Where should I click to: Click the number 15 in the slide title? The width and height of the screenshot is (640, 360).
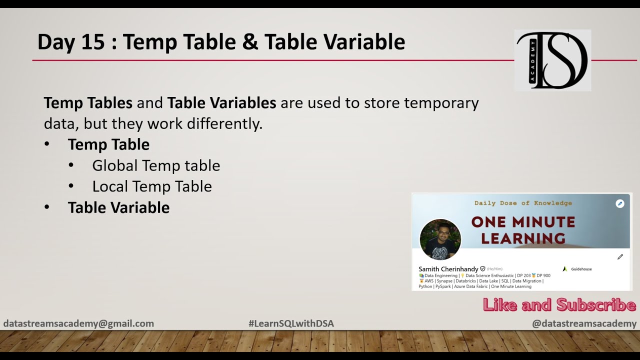(93, 42)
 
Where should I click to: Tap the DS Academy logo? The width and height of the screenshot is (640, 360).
(552, 60)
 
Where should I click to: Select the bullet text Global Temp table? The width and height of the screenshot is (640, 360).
(156, 165)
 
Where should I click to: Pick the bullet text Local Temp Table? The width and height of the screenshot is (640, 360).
(152, 186)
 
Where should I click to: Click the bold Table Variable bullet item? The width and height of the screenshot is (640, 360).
(118, 207)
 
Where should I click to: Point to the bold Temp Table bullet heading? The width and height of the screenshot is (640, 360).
(108, 144)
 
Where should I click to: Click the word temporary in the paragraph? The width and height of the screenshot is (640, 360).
(441, 103)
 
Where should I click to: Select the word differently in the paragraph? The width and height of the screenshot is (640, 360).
(224, 123)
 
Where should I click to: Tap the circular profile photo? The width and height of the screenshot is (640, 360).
(440, 239)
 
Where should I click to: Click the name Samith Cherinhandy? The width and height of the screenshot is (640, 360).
(448, 269)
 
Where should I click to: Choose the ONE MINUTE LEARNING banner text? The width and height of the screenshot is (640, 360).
(523, 230)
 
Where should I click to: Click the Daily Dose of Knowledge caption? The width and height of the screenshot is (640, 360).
(523, 203)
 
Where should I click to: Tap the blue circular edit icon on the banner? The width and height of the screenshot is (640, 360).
(620, 203)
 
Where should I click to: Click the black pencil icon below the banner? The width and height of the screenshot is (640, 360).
(620, 257)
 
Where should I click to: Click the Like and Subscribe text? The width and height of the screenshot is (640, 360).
(559, 305)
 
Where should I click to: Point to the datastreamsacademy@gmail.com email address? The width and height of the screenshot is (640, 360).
(78, 323)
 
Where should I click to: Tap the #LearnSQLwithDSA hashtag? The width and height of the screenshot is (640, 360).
(291, 323)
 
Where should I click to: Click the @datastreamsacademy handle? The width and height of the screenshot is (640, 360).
(584, 323)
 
